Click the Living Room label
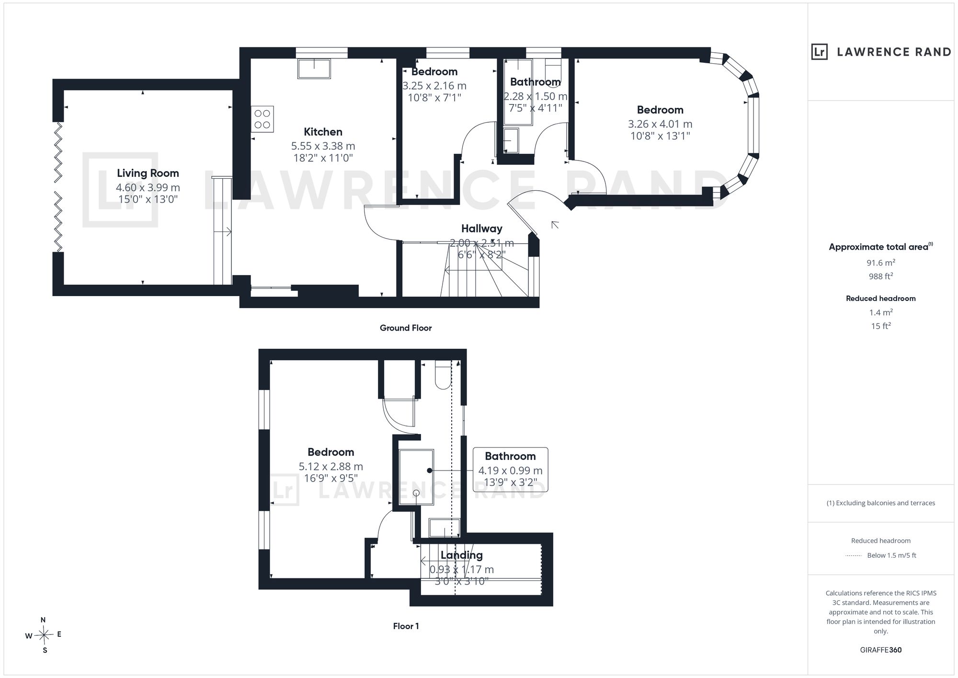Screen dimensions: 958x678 click(148, 173)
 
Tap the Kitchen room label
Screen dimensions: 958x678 click(323, 132)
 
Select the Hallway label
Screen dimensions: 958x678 click(481, 229)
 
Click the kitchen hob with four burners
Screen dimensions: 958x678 click(262, 119)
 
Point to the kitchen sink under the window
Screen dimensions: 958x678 click(314, 69)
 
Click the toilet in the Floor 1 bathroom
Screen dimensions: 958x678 click(443, 375)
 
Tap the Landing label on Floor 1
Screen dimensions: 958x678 click(461, 555)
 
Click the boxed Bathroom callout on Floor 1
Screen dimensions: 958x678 click(510, 470)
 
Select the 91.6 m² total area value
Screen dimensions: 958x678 click(880, 263)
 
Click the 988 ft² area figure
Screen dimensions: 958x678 click(880, 276)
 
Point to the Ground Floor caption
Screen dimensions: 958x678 click(406, 328)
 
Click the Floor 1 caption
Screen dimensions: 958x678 click(406, 626)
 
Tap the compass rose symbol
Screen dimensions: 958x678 click(44, 635)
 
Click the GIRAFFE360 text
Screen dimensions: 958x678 click(880, 650)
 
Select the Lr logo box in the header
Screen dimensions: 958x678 click(820, 52)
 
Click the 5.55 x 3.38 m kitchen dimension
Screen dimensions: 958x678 click(323, 146)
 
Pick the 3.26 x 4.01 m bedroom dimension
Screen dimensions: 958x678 click(660, 124)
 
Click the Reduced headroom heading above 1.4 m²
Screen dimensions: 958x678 click(880, 299)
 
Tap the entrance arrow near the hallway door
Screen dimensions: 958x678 click(555, 224)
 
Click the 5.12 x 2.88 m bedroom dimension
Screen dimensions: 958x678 click(331, 467)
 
